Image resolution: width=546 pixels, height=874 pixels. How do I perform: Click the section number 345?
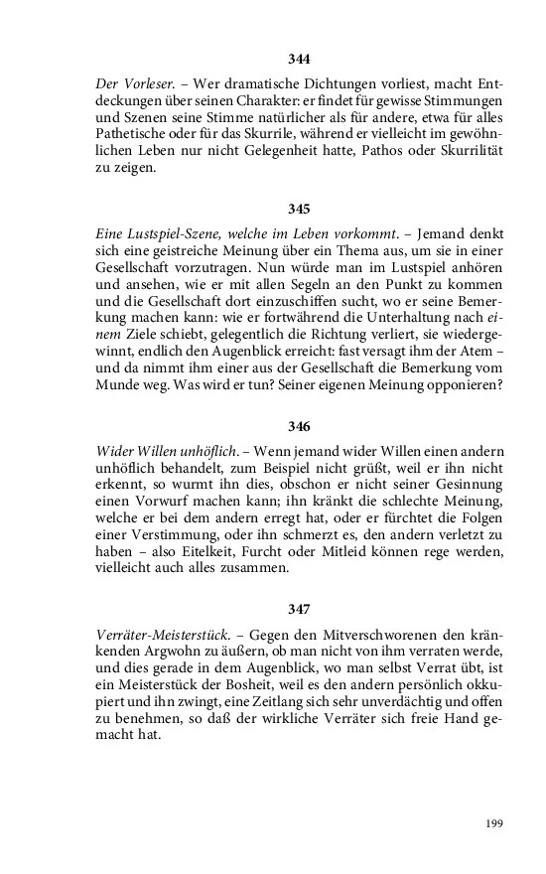pyautogui.click(x=299, y=209)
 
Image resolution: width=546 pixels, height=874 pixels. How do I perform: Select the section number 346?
pyautogui.click(x=299, y=426)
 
